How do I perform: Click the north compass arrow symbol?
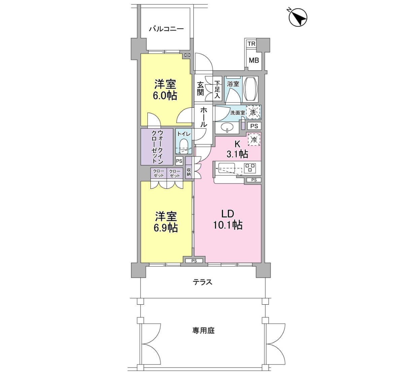tap(298, 18)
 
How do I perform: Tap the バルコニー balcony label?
tap(166, 29)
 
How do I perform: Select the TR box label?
tap(251, 44)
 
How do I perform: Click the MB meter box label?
tap(254, 60)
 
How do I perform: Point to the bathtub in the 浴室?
tap(250, 89)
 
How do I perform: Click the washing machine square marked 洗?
tap(254, 112)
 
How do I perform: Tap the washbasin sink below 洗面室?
tap(227, 128)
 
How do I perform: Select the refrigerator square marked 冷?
tap(254, 139)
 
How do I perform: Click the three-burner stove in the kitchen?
tap(250, 168)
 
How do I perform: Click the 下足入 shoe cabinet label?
tap(217, 90)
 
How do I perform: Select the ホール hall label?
tap(204, 117)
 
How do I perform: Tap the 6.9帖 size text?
tap(166, 228)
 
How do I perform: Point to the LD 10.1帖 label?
tap(228, 219)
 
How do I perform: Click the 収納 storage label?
tap(189, 172)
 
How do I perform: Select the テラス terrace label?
tap(202, 282)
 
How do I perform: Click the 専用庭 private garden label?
tap(203, 331)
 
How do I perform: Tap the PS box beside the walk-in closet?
tap(179, 161)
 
